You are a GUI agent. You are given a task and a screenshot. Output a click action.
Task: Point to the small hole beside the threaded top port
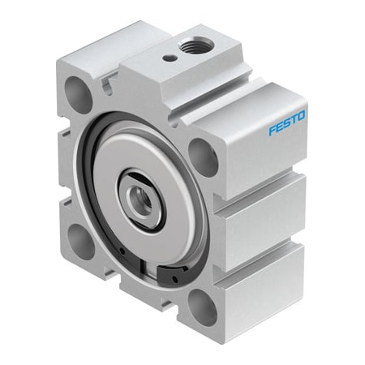click(168, 57)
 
